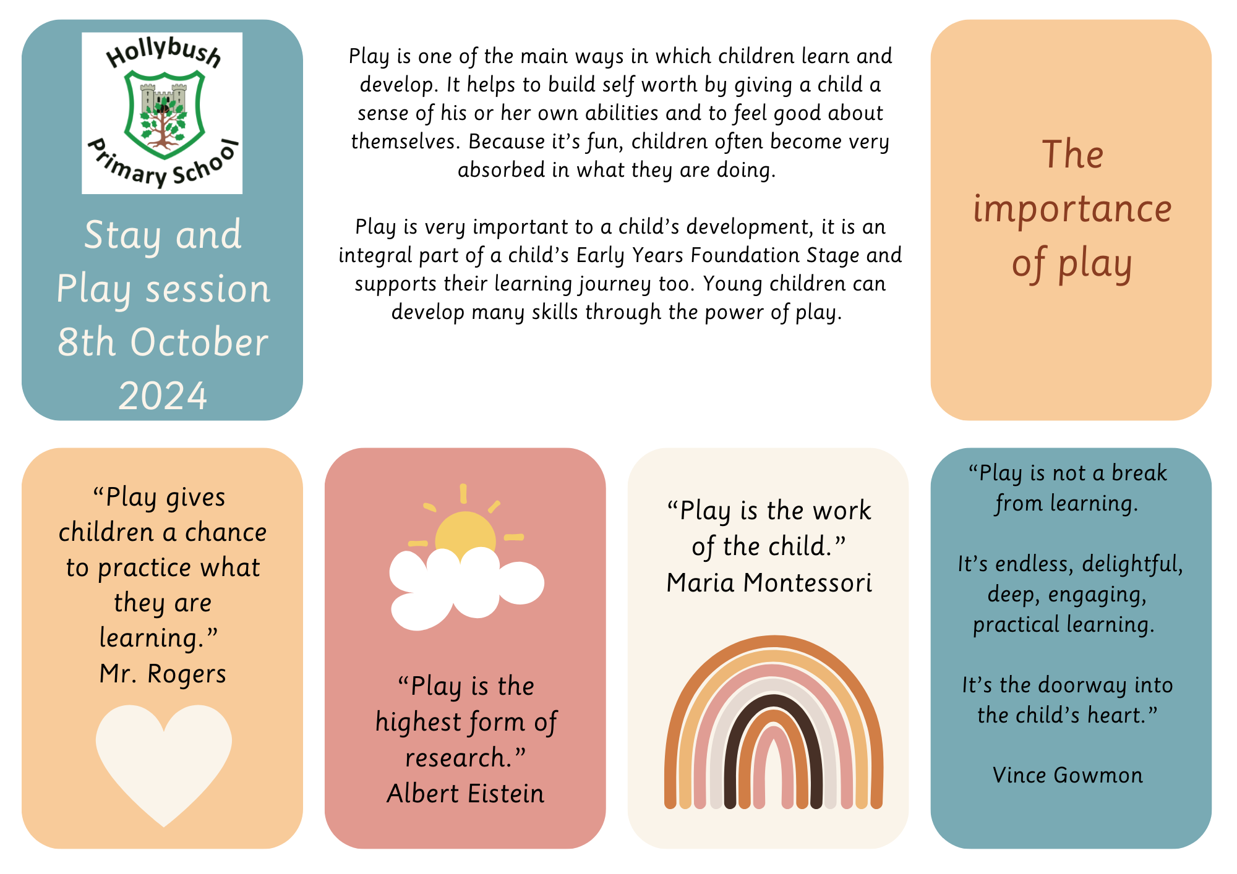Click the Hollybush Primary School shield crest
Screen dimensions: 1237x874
click(x=164, y=114)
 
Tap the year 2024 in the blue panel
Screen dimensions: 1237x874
click(x=163, y=396)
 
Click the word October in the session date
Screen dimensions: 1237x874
click(x=199, y=342)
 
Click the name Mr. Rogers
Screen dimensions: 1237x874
click(x=163, y=674)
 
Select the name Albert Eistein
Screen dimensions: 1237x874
click(x=466, y=794)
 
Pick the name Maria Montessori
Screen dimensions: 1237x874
click(x=769, y=583)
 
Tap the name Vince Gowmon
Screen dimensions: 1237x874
click(x=1068, y=775)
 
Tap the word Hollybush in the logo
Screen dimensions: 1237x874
click(x=164, y=53)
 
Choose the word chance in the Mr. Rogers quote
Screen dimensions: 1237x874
click(x=226, y=533)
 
